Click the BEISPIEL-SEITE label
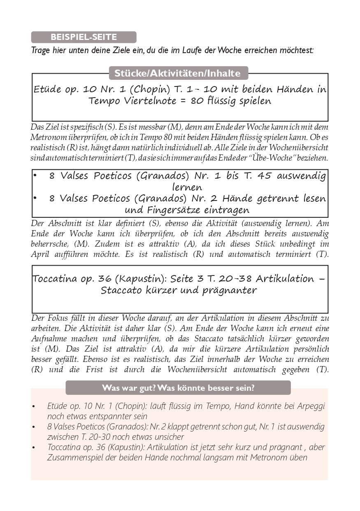point(84,37)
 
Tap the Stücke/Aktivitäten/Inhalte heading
point(177,74)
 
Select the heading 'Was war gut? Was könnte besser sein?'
point(178,388)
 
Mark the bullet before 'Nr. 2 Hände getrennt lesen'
point(35,198)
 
